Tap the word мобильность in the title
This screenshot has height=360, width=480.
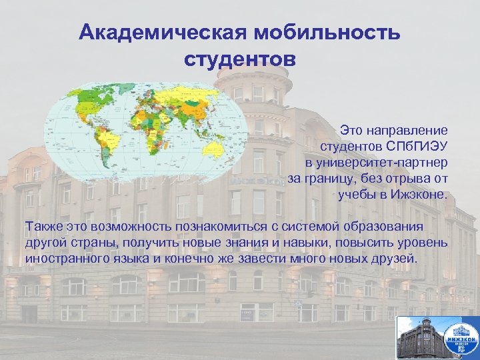click(x=316, y=33)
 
